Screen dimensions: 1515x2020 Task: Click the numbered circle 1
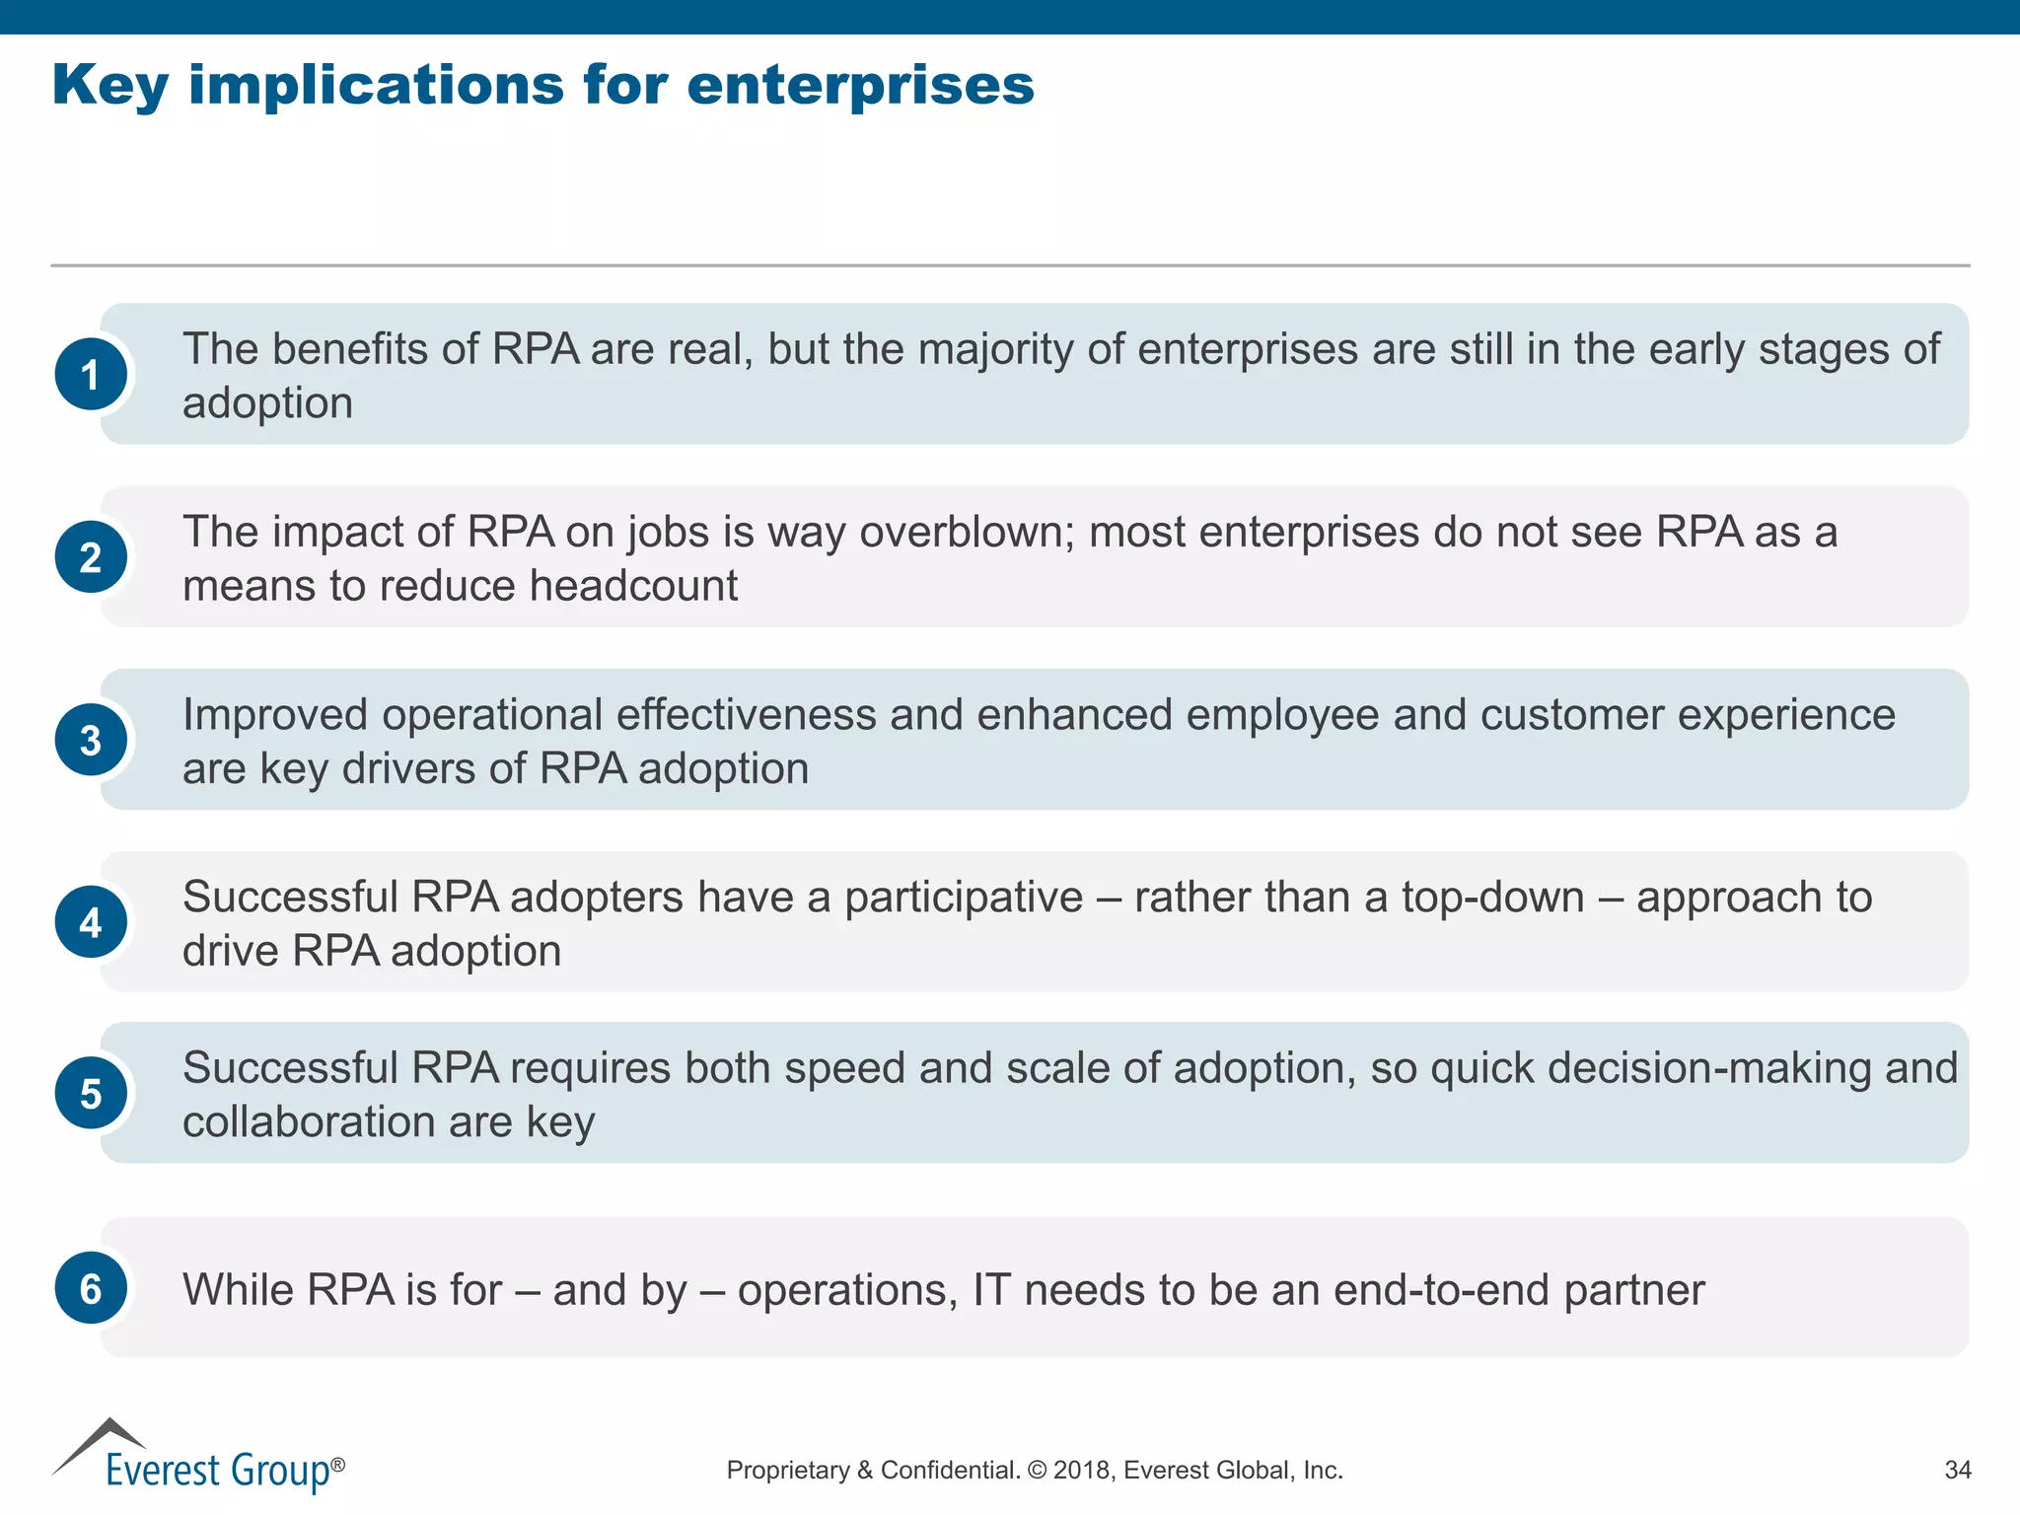point(91,375)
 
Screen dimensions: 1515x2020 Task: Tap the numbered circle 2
point(91,557)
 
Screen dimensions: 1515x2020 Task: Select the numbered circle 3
point(91,740)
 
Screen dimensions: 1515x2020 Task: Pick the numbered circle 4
point(91,922)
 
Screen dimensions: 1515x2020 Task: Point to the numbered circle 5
point(91,1093)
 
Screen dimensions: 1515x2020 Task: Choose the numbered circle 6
point(91,1288)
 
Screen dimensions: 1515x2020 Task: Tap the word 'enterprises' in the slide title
point(860,86)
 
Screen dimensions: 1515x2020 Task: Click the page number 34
point(1957,1471)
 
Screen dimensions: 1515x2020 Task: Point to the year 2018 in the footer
point(1082,1471)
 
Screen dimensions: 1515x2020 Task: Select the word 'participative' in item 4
point(964,899)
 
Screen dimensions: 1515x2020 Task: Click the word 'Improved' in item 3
point(275,716)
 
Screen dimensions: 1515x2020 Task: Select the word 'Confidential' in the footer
point(949,1471)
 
